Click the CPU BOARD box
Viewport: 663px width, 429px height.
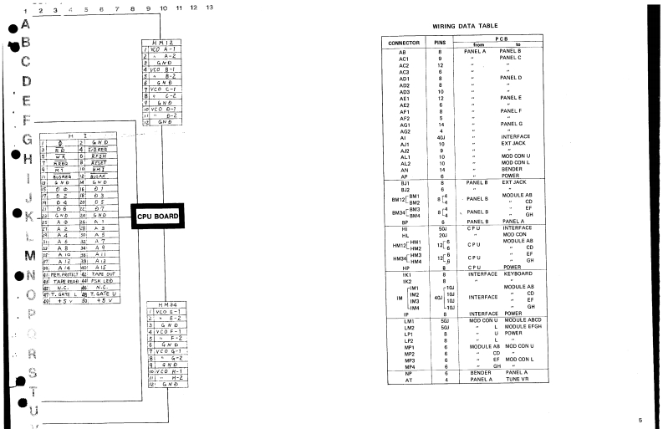(x=155, y=216)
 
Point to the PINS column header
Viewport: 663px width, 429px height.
(x=440, y=42)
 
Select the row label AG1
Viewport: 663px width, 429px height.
(x=403, y=123)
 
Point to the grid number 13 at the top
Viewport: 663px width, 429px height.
(x=209, y=8)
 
